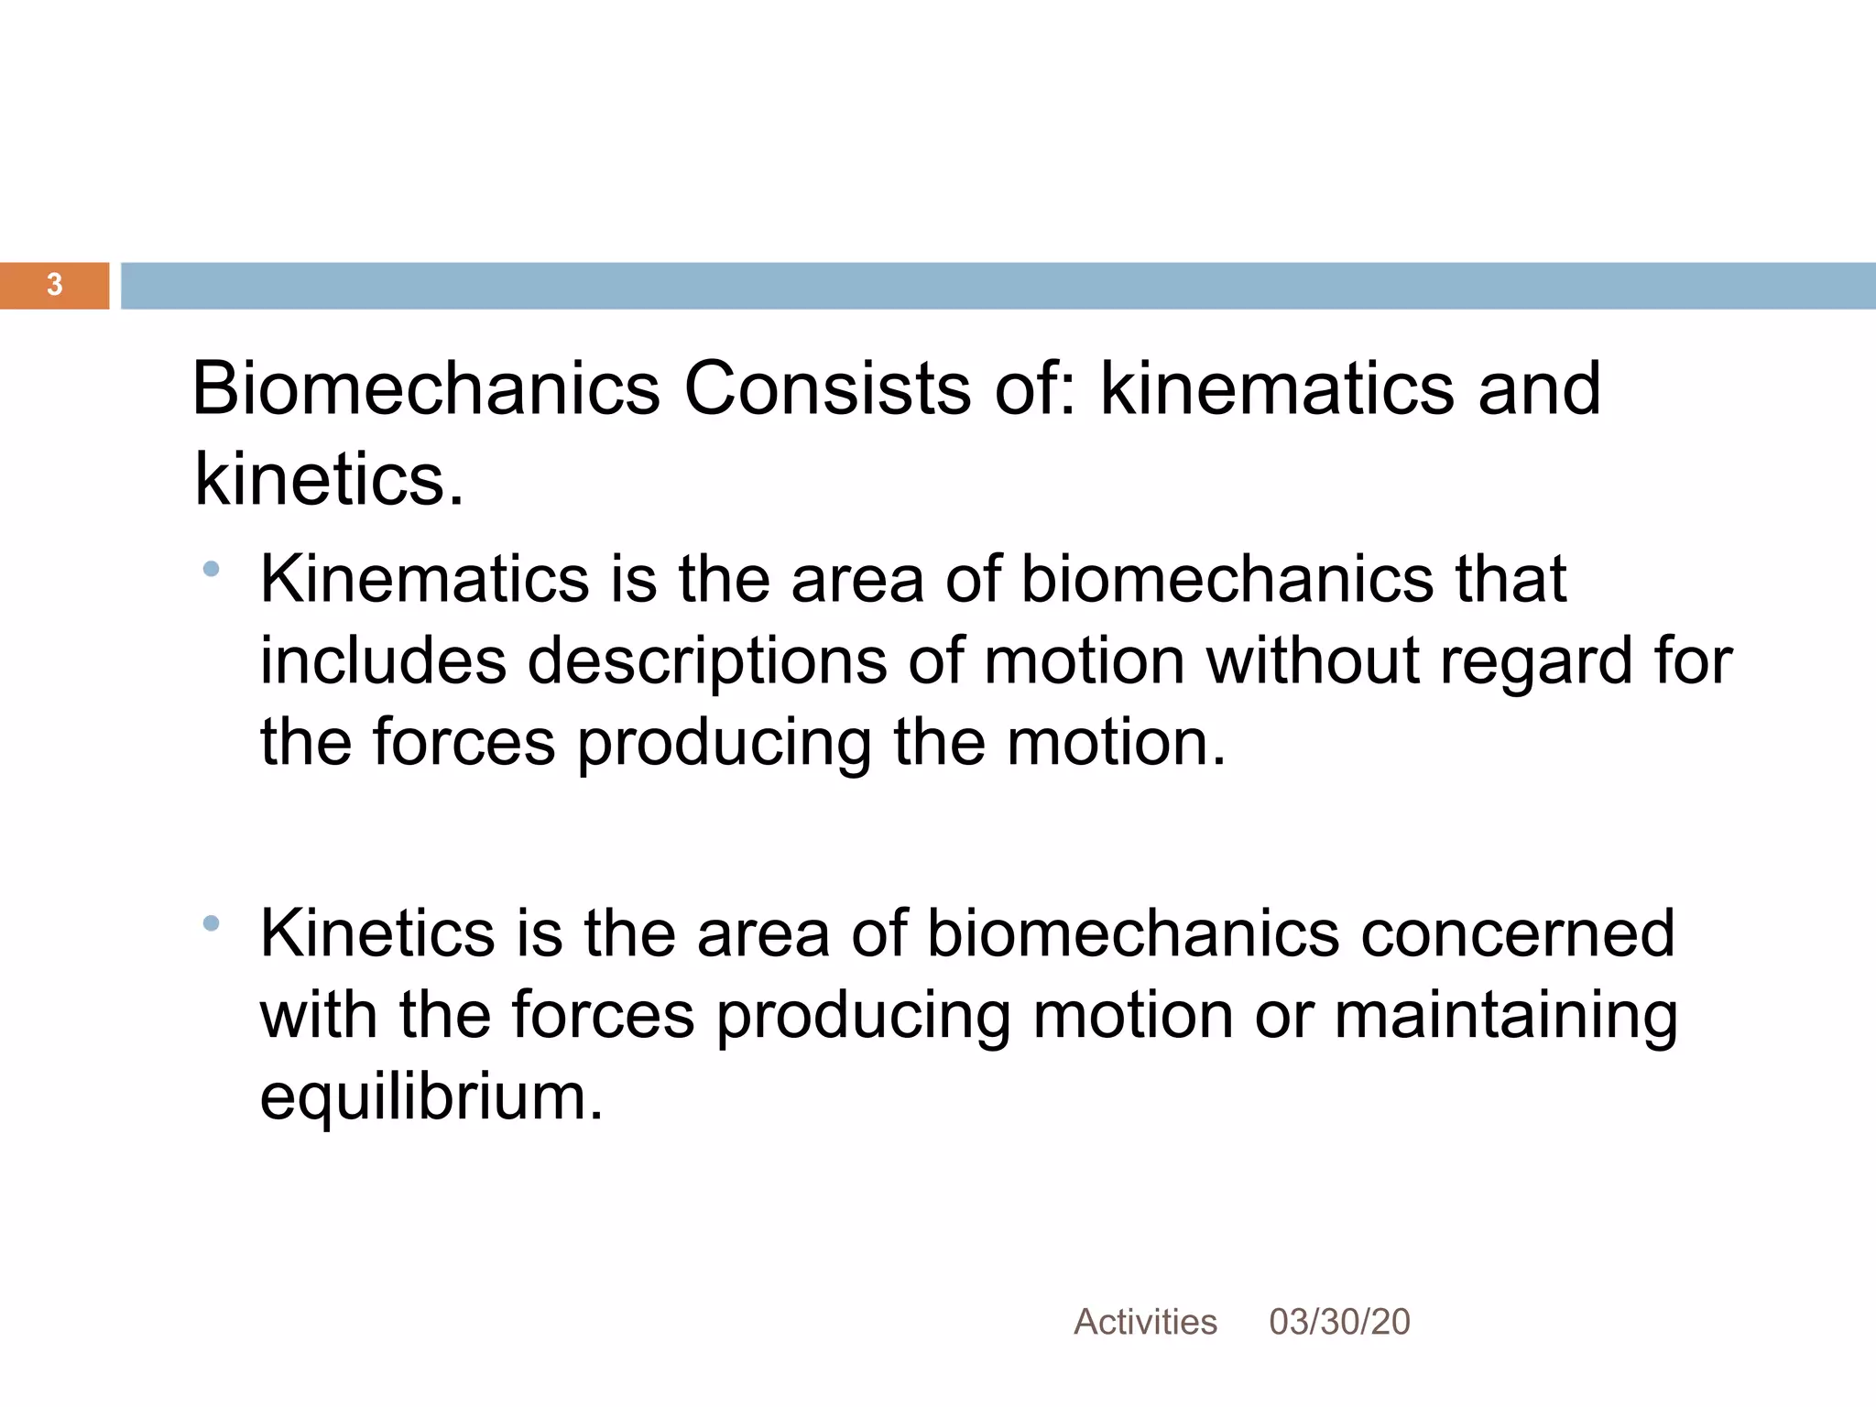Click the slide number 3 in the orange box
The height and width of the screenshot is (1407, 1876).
point(54,285)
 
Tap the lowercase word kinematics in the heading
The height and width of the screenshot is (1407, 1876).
point(1277,388)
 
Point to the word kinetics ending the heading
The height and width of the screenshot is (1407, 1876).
point(329,480)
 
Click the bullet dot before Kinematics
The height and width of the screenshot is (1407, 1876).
point(212,569)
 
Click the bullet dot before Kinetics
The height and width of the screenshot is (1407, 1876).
point(212,922)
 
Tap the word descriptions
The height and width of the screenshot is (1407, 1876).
point(707,661)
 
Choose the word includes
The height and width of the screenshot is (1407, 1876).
point(383,660)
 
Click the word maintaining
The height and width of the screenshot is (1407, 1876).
point(1506,1016)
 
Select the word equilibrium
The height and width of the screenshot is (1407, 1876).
point(431,1097)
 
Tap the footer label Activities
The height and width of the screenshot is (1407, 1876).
point(1145,1322)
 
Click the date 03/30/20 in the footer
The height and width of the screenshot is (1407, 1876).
point(1339,1322)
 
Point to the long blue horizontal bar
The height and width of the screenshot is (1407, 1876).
point(998,286)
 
